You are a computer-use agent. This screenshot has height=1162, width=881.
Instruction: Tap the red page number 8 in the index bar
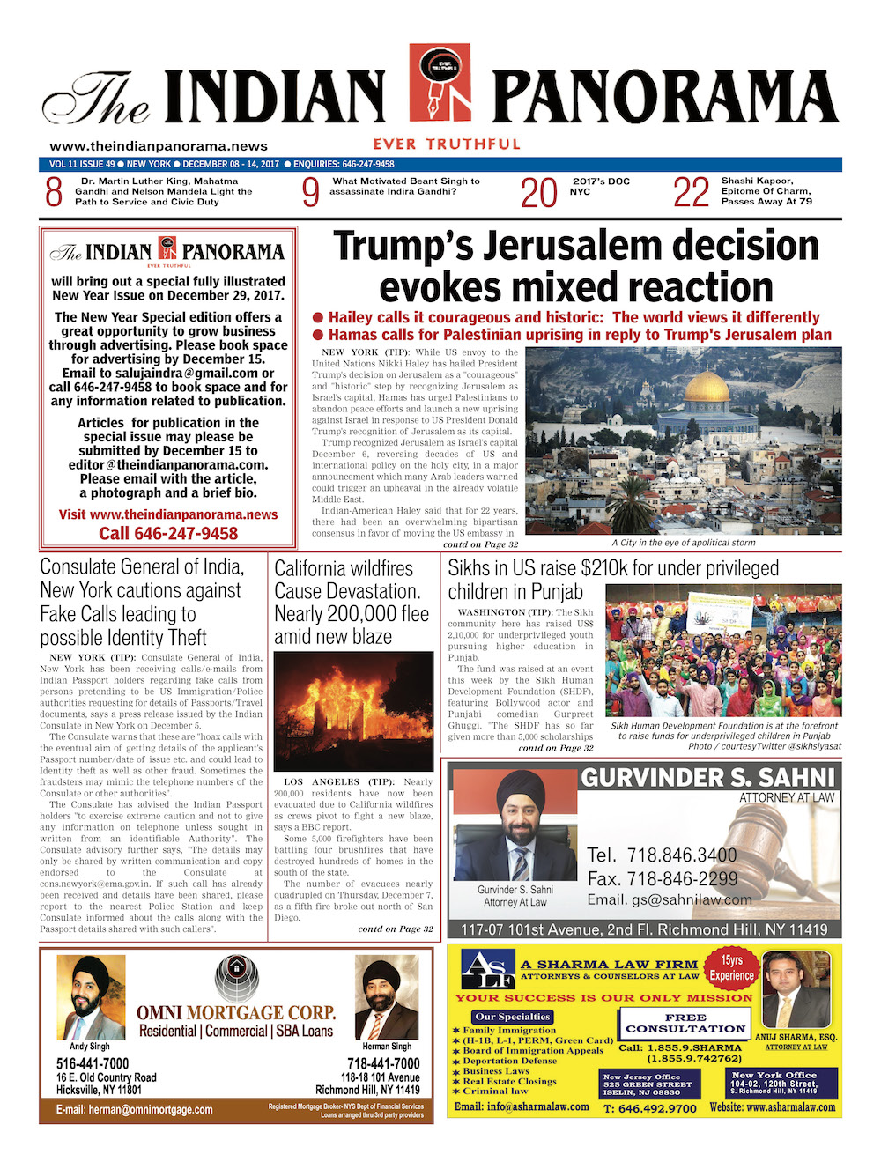tap(54, 191)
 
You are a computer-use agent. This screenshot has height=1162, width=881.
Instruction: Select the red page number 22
tap(691, 192)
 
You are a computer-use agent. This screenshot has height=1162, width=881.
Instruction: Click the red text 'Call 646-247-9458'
tap(168, 533)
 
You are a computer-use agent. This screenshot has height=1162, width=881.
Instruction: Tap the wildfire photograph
tap(353, 711)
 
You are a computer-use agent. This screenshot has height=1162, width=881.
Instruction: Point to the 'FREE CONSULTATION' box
tap(685, 1023)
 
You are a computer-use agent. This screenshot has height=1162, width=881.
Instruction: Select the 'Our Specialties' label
tap(512, 1017)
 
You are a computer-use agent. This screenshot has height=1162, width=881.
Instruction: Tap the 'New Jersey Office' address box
tap(649, 1084)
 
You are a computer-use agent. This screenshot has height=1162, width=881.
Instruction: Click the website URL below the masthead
tap(159, 146)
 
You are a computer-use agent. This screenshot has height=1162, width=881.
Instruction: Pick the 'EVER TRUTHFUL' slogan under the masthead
tap(447, 144)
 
